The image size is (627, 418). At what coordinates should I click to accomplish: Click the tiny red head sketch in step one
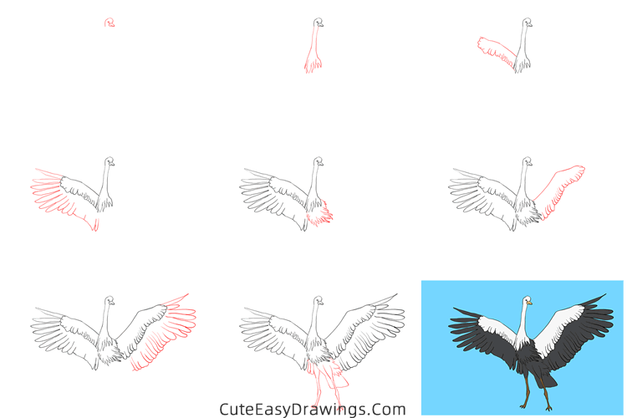tap(109, 23)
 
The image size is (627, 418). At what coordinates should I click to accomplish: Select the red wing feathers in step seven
tap(167, 334)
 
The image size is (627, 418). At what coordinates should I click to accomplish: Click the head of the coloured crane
tap(527, 301)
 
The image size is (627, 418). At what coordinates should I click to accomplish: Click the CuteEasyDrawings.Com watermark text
tap(313, 409)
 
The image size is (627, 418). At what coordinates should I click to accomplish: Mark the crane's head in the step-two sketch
tap(318, 23)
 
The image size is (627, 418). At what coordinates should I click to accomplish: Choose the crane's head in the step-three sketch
tap(526, 23)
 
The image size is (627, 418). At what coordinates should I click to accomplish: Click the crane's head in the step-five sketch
tap(318, 161)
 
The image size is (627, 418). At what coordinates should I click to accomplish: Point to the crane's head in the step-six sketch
tap(526, 161)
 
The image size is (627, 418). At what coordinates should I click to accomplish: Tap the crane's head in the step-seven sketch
tap(109, 300)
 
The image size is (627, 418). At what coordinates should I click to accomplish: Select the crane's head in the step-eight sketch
tap(318, 300)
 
